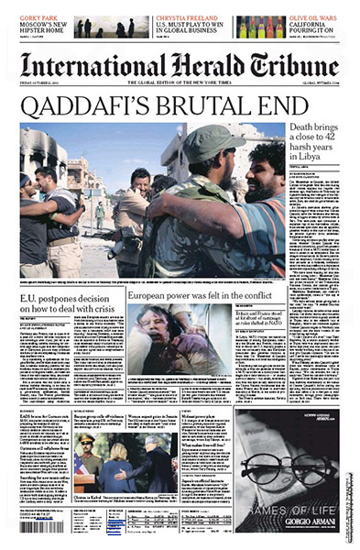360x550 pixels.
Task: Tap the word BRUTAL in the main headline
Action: (x=196, y=105)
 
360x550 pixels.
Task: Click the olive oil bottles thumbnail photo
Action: (x=262, y=27)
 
